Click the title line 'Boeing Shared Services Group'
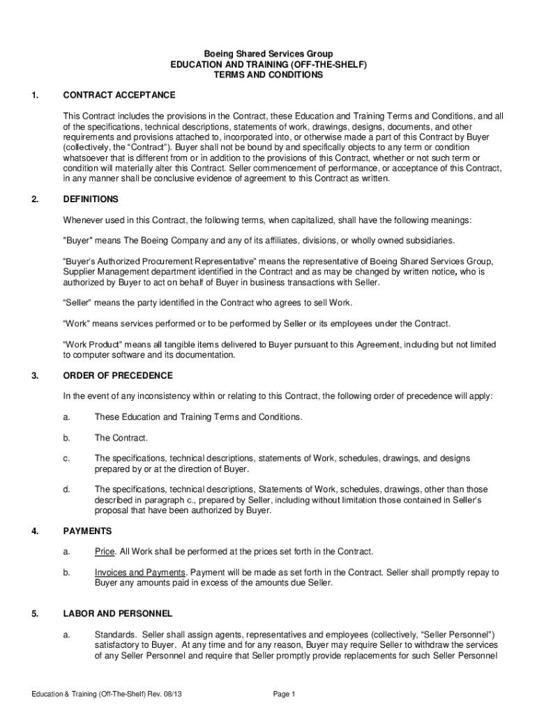[x=268, y=54]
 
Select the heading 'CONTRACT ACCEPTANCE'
[x=119, y=95]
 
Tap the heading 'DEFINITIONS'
[x=91, y=199]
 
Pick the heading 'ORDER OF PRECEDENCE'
[x=117, y=376]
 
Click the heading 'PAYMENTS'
[x=87, y=531]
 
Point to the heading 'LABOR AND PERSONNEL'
[x=117, y=614]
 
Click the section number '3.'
[x=35, y=376]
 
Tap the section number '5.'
[x=35, y=614]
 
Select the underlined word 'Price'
[x=105, y=552]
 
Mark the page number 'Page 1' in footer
[x=285, y=694]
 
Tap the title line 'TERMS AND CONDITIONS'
[x=268, y=75]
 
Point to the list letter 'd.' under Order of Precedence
[x=67, y=489]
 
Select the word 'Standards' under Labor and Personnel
[x=114, y=635]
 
